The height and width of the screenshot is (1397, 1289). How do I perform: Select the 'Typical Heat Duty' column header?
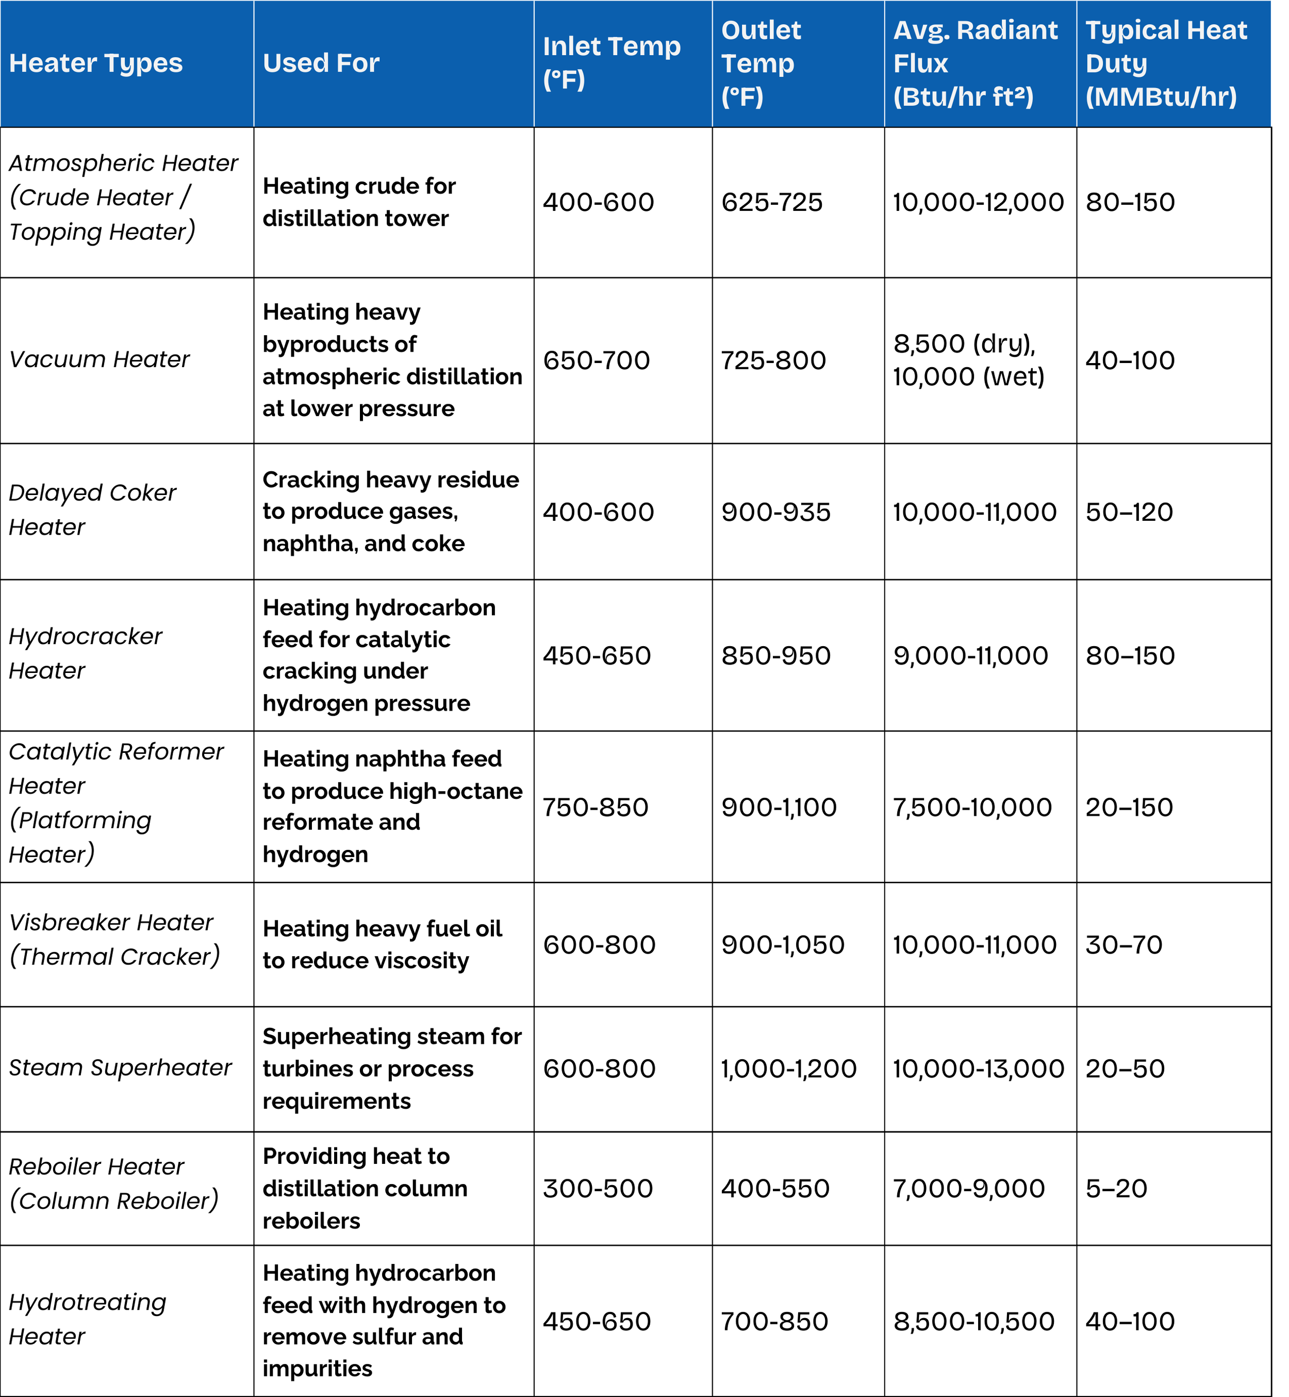[1166, 63]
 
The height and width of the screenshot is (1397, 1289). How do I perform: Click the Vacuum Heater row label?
[99, 359]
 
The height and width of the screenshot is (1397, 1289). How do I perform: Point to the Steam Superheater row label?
[120, 1068]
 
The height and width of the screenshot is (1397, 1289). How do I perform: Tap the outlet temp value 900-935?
[775, 512]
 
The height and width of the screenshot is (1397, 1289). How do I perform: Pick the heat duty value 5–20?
[1116, 1189]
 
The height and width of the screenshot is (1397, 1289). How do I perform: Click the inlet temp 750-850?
[595, 807]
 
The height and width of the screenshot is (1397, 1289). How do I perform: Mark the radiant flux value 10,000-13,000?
[978, 1069]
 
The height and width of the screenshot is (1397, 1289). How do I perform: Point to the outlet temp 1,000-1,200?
[788, 1069]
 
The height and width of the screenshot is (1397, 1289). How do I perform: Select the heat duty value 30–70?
[1123, 945]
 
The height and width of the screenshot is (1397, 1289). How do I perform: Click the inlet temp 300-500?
[597, 1189]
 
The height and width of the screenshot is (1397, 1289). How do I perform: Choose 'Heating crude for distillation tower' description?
[358, 202]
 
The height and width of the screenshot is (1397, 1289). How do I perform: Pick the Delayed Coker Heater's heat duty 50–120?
[1129, 512]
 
